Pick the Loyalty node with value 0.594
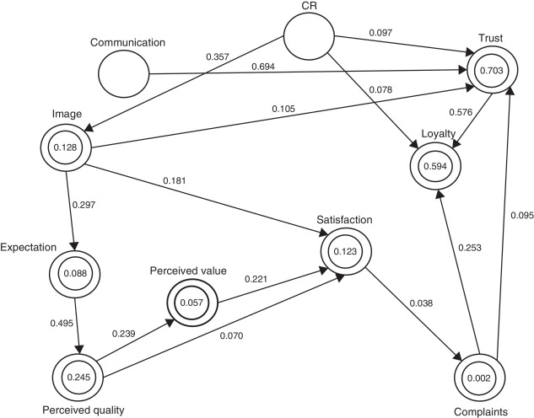[x=437, y=164]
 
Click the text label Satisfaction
[x=345, y=220]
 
